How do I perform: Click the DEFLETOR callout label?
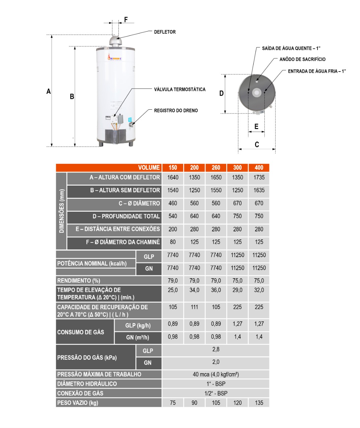tap(165, 32)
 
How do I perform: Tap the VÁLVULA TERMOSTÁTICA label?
tap(180, 89)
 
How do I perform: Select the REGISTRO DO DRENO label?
tap(176, 110)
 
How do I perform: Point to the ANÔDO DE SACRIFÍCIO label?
tap(302, 59)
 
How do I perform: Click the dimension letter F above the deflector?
tap(126, 19)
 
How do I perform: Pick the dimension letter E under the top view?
tap(256, 126)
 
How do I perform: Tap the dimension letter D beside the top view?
tap(221, 93)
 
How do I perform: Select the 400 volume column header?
tap(259, 168)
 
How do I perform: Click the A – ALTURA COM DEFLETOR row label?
tap(124, 177)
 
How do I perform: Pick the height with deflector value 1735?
tap(259, 177)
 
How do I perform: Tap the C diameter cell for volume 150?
tap(173, 203)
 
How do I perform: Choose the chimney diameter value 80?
tap(173, 242)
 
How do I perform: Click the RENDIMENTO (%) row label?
tap(79, 281)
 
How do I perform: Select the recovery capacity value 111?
tap(194, 307)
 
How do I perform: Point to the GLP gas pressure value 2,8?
tap(216, 349)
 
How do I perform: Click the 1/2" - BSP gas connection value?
tap(216, 393)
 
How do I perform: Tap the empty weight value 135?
tap(259, 403)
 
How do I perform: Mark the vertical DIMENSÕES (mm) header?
tap(61, 211)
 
